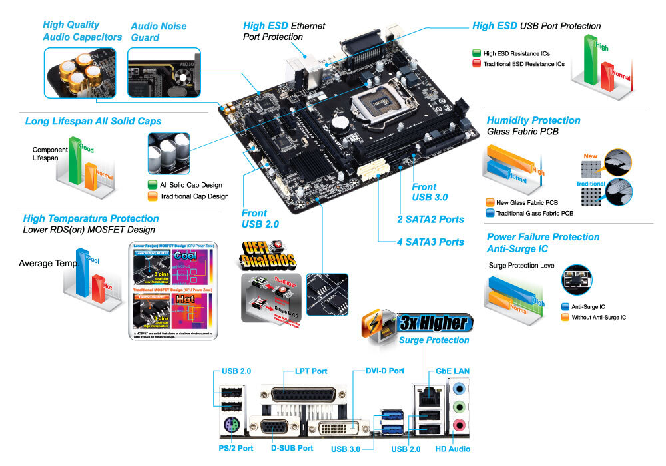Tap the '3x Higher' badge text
point(433,324)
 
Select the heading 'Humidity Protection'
point(533,120)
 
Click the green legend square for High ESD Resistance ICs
point(476,53)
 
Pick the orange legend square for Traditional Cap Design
point(153,196)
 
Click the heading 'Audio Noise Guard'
point(154,32)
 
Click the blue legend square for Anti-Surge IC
point(565,307)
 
